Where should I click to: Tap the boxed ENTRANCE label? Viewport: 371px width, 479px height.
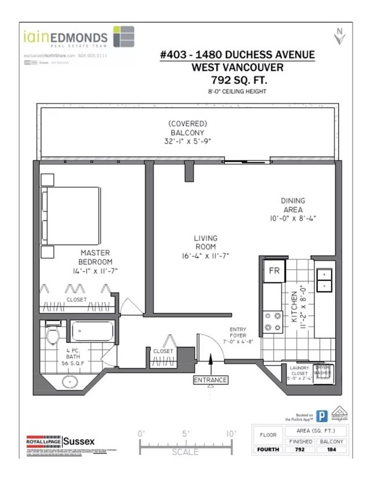210,380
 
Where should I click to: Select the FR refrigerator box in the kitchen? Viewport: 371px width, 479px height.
272,270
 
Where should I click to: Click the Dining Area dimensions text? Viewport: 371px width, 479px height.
293,218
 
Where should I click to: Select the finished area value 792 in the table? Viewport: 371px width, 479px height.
300,449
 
